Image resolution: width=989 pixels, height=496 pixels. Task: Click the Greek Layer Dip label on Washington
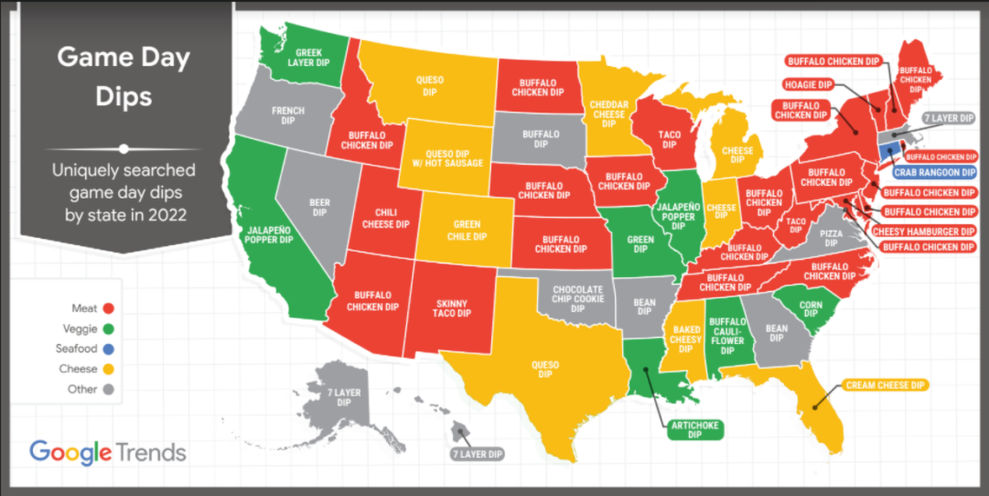309,58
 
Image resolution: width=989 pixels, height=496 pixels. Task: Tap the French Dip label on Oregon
288,116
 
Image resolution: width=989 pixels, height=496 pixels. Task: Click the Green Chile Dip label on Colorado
467,230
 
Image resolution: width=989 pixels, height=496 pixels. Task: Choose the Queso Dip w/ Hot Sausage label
448,157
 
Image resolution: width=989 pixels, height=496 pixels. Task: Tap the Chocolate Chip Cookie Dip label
578,294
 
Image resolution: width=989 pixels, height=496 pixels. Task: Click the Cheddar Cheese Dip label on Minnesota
609,114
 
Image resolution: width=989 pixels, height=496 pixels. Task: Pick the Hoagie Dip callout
808,84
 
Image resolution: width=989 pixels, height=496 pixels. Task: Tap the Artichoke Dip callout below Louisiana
696,430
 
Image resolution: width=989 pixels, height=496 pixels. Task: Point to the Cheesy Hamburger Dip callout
928,231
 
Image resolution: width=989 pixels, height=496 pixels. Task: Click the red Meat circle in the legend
109,308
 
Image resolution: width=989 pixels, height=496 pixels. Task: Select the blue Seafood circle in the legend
109,349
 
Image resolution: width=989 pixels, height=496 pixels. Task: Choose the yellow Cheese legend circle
109,369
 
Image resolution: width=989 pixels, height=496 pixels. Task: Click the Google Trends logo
108,453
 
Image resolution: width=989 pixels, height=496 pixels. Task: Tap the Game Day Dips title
124,77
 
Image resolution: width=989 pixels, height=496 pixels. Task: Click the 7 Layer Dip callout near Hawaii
476,454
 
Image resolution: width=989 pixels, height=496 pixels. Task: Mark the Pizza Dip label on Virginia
831,238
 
